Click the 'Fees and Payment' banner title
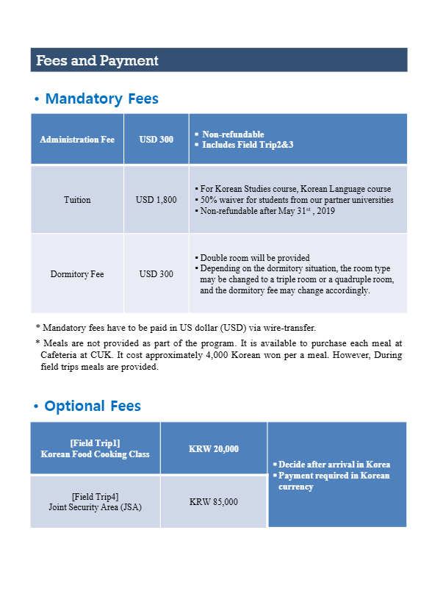pyautogui.click(x=97, y=60)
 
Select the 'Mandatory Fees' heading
pyautogui.click(x=101, y=98)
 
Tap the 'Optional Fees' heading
pyautogui.click(x=92, y=406)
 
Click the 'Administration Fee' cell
pyautogui.click(x=77, y=139)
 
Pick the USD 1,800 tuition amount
pyautogui.click(x=156, y=200)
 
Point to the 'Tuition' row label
pyautogui.click(x=77, y=200)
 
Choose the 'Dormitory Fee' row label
pyautogui.click(x=77, y=274)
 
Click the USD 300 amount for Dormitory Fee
pyautogui.click(x=156, y=274)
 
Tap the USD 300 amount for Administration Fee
pyautogui.click(x=156, y=139)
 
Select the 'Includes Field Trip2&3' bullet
pyautogui.click(x=247, y=145)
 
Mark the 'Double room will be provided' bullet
pyautogui.click(x=255, y=258)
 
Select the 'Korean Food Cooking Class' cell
pyautogui.click(x=95, y=454)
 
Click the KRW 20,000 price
pyautogui.click(x=213, y=448)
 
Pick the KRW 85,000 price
pyautogui.click(x=213, y=502)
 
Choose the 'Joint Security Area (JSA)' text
pyautogui.click(x=95, y=507)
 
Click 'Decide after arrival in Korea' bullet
pyautogui.click(x=334, y=465)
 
